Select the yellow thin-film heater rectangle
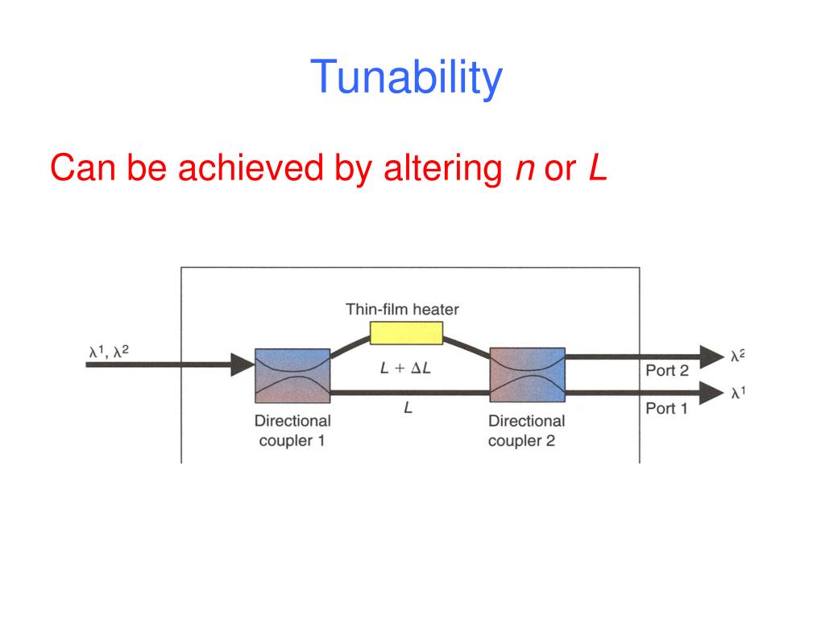[406, 332]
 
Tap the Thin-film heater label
[402, 309]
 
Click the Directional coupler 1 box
[292, 376]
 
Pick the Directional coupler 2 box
[528, 376]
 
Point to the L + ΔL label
[408, 368]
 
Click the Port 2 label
[666, 371]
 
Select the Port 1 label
[666, 409]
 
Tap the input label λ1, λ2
[109, 351]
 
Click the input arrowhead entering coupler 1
[241, 365]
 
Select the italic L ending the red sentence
[596, 167]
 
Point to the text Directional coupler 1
[292, 431]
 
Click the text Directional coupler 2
[526, 431]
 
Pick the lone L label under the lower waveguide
[408, 409]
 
